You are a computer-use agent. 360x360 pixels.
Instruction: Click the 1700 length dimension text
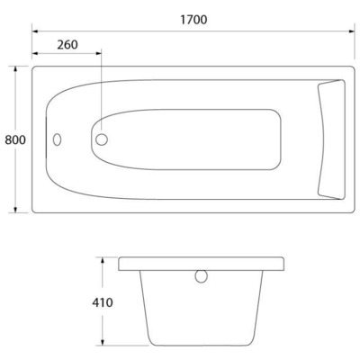191,19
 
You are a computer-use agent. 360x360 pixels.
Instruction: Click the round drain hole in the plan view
102,139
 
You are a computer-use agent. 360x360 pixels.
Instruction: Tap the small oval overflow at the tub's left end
58,140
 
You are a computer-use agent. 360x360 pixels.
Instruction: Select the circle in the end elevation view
202,276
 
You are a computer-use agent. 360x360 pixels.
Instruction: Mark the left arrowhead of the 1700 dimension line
36,31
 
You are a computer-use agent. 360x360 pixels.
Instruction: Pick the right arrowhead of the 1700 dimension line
350,31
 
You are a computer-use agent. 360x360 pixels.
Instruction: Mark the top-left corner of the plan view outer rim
34,67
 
